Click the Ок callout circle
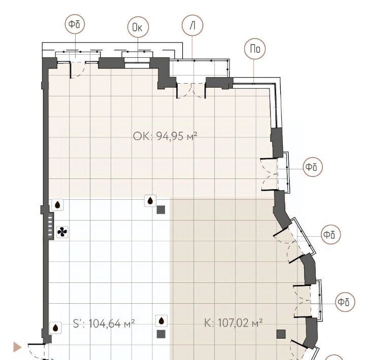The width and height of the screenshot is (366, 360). point(138,27)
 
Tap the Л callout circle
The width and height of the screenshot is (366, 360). point(192,25)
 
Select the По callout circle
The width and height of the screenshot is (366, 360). point(255,49)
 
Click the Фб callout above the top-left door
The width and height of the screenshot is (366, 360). point(75,24)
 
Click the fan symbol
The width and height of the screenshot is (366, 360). point(62,232)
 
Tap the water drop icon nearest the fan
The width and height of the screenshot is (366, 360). point(57,205)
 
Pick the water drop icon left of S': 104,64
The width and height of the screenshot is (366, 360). point(55,328)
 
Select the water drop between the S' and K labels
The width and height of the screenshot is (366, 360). point(161,321)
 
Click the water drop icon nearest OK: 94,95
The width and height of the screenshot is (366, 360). point(150,201)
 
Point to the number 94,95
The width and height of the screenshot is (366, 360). point(170,136)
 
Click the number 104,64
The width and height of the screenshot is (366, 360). point(105,323)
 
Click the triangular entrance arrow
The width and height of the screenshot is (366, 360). point(17,347)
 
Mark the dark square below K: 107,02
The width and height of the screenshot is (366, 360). point(281,334)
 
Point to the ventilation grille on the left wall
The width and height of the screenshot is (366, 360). point(50,226)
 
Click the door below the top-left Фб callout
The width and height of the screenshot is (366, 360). point(78,69)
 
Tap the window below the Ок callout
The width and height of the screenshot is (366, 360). point(137,63)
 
